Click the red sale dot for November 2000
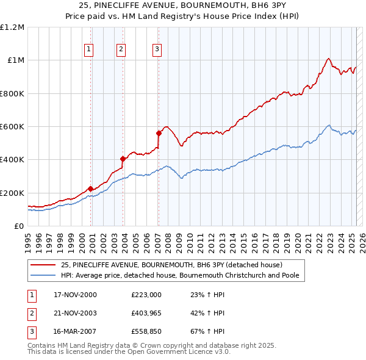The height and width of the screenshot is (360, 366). (91, 189)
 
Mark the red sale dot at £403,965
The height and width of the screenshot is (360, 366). (123, 159)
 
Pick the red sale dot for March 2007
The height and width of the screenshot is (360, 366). (159, 133)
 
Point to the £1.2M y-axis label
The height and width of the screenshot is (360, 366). (12, 27)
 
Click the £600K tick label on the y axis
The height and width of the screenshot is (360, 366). (12, 127)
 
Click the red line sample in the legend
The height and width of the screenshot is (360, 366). (43, 265)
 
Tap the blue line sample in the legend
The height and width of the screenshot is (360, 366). (43, 275)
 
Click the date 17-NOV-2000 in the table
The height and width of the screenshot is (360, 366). (75, 295)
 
